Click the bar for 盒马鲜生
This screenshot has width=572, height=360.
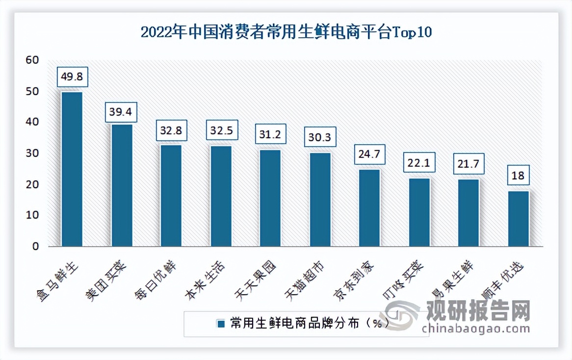(x=72, y=169)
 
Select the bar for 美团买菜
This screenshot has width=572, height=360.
(x=122, y=185)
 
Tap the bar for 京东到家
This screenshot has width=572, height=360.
(x=369, y=208)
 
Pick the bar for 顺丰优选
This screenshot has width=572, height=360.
(x=518, y=219)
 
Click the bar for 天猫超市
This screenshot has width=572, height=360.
(x=320, y=200)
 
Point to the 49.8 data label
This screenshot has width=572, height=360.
(x=72, y=77)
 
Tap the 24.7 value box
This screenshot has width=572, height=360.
(x=369, y=155)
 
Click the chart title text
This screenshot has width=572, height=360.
(x=286, y=33)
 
